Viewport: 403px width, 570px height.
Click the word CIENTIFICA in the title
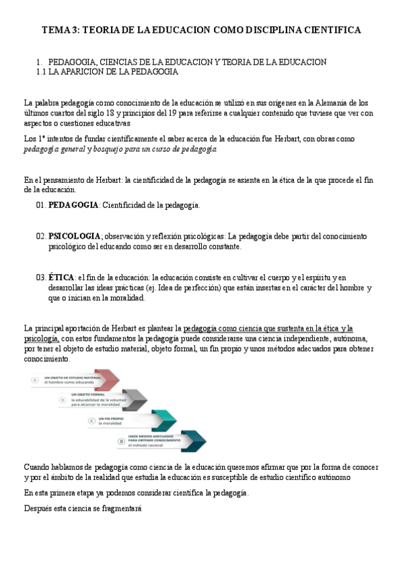pos(330,30)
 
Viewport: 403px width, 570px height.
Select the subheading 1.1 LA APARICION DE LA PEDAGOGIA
pos(107,71)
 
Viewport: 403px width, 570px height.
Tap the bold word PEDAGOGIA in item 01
pos(73,204)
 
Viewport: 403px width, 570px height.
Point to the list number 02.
pos(40,236)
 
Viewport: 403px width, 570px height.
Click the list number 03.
pos(40,277)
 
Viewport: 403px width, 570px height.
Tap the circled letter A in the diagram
pos(34,380)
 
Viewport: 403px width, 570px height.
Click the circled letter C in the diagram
pos(91,421)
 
